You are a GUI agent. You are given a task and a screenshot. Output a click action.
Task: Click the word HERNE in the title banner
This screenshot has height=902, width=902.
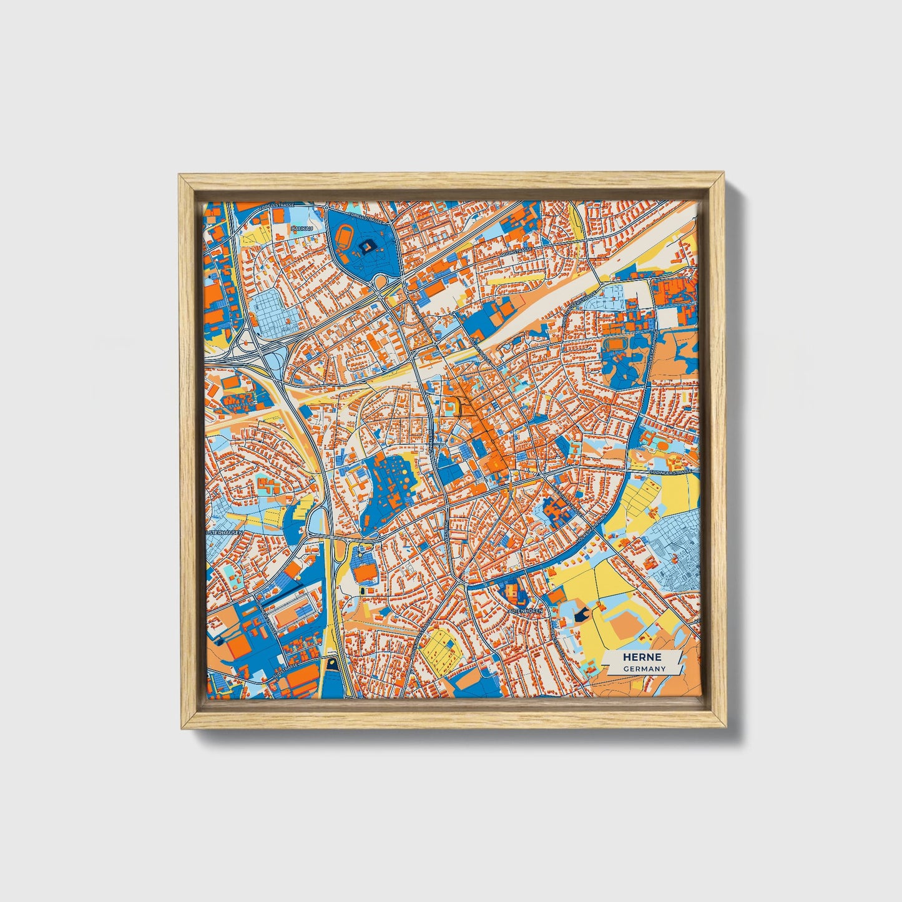[642, 657]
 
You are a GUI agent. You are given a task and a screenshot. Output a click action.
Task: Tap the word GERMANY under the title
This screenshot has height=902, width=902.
[644, 669]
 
